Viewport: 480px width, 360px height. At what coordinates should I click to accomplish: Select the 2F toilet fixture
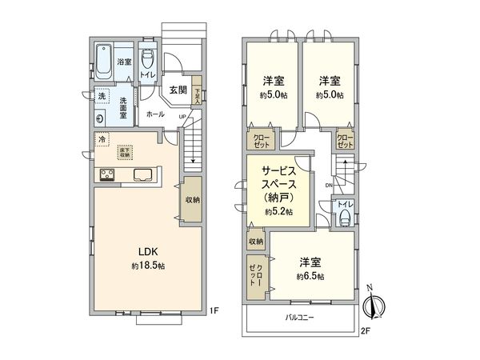point(345,216)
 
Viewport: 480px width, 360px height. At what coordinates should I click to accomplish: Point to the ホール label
point(156,114)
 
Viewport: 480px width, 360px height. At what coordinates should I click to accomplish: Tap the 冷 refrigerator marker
point(102,139)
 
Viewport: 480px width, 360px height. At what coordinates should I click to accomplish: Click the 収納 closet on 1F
point(192,200)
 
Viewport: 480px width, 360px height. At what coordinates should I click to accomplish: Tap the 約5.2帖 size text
point(278,212)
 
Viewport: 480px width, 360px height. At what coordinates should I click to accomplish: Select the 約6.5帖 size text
point(310,276)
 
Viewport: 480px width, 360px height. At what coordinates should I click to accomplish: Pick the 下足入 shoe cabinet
point(197,92)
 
